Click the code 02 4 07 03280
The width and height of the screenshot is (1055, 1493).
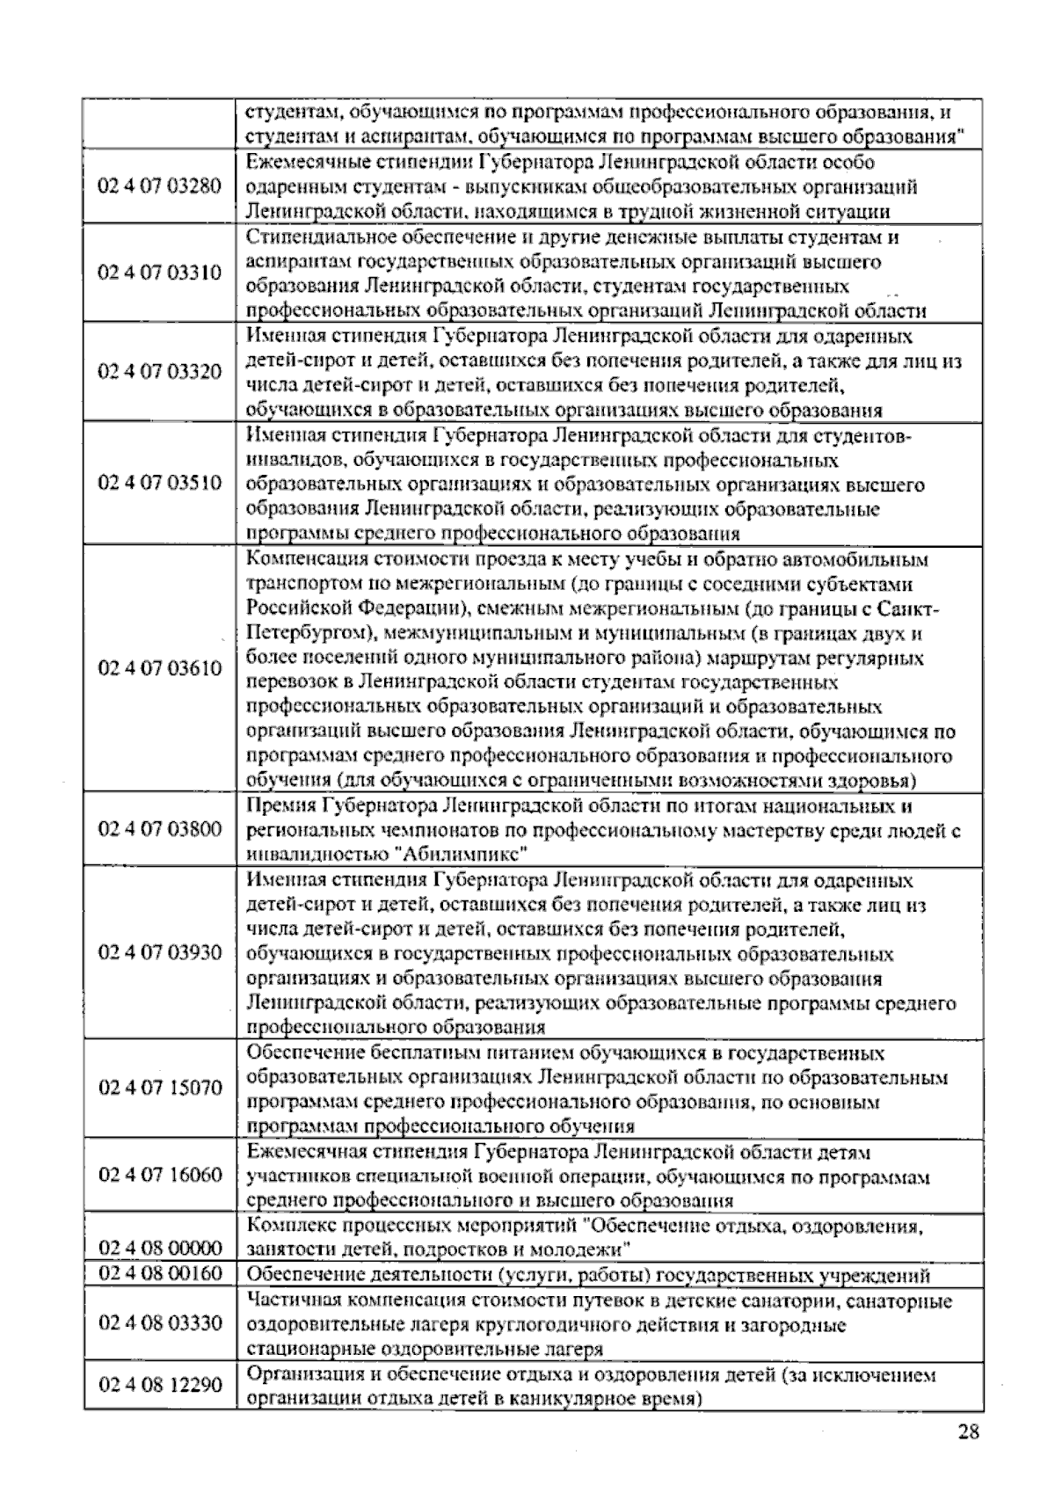160,186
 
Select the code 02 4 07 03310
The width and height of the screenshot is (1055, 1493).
160,273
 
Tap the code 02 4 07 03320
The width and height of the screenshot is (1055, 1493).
160,371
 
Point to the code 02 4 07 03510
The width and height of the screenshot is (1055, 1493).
160,483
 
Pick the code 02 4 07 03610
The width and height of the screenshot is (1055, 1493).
160,668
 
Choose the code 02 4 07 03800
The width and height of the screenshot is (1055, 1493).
160,828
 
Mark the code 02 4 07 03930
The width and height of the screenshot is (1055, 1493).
160,952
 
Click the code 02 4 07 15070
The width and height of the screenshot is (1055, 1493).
160,1088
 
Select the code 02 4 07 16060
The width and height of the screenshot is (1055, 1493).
160,1175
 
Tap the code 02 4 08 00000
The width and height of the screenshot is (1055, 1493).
160,1248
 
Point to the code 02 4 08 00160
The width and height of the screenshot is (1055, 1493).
160,1273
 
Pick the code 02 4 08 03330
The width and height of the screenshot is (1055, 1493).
160,1322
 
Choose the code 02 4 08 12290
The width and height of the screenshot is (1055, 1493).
160,1384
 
